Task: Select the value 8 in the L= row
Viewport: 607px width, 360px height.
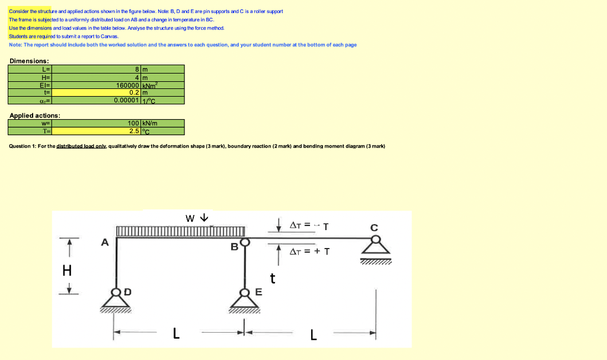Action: pos(137,69)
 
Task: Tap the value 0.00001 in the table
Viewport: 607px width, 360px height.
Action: pos(127,100)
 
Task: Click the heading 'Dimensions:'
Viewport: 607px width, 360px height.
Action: pos(29,61)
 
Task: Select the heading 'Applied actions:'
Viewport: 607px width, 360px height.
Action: pos(34,115)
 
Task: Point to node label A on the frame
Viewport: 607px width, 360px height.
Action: pos(105,242)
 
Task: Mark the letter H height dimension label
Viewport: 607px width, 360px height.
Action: pos(67,271)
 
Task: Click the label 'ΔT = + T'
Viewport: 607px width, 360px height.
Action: pos(309,251)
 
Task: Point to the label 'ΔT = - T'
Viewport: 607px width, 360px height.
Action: pos(309,225)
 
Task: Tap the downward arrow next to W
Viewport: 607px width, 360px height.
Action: pos(204,218)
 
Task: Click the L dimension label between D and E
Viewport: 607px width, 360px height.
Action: pos(175,334)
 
